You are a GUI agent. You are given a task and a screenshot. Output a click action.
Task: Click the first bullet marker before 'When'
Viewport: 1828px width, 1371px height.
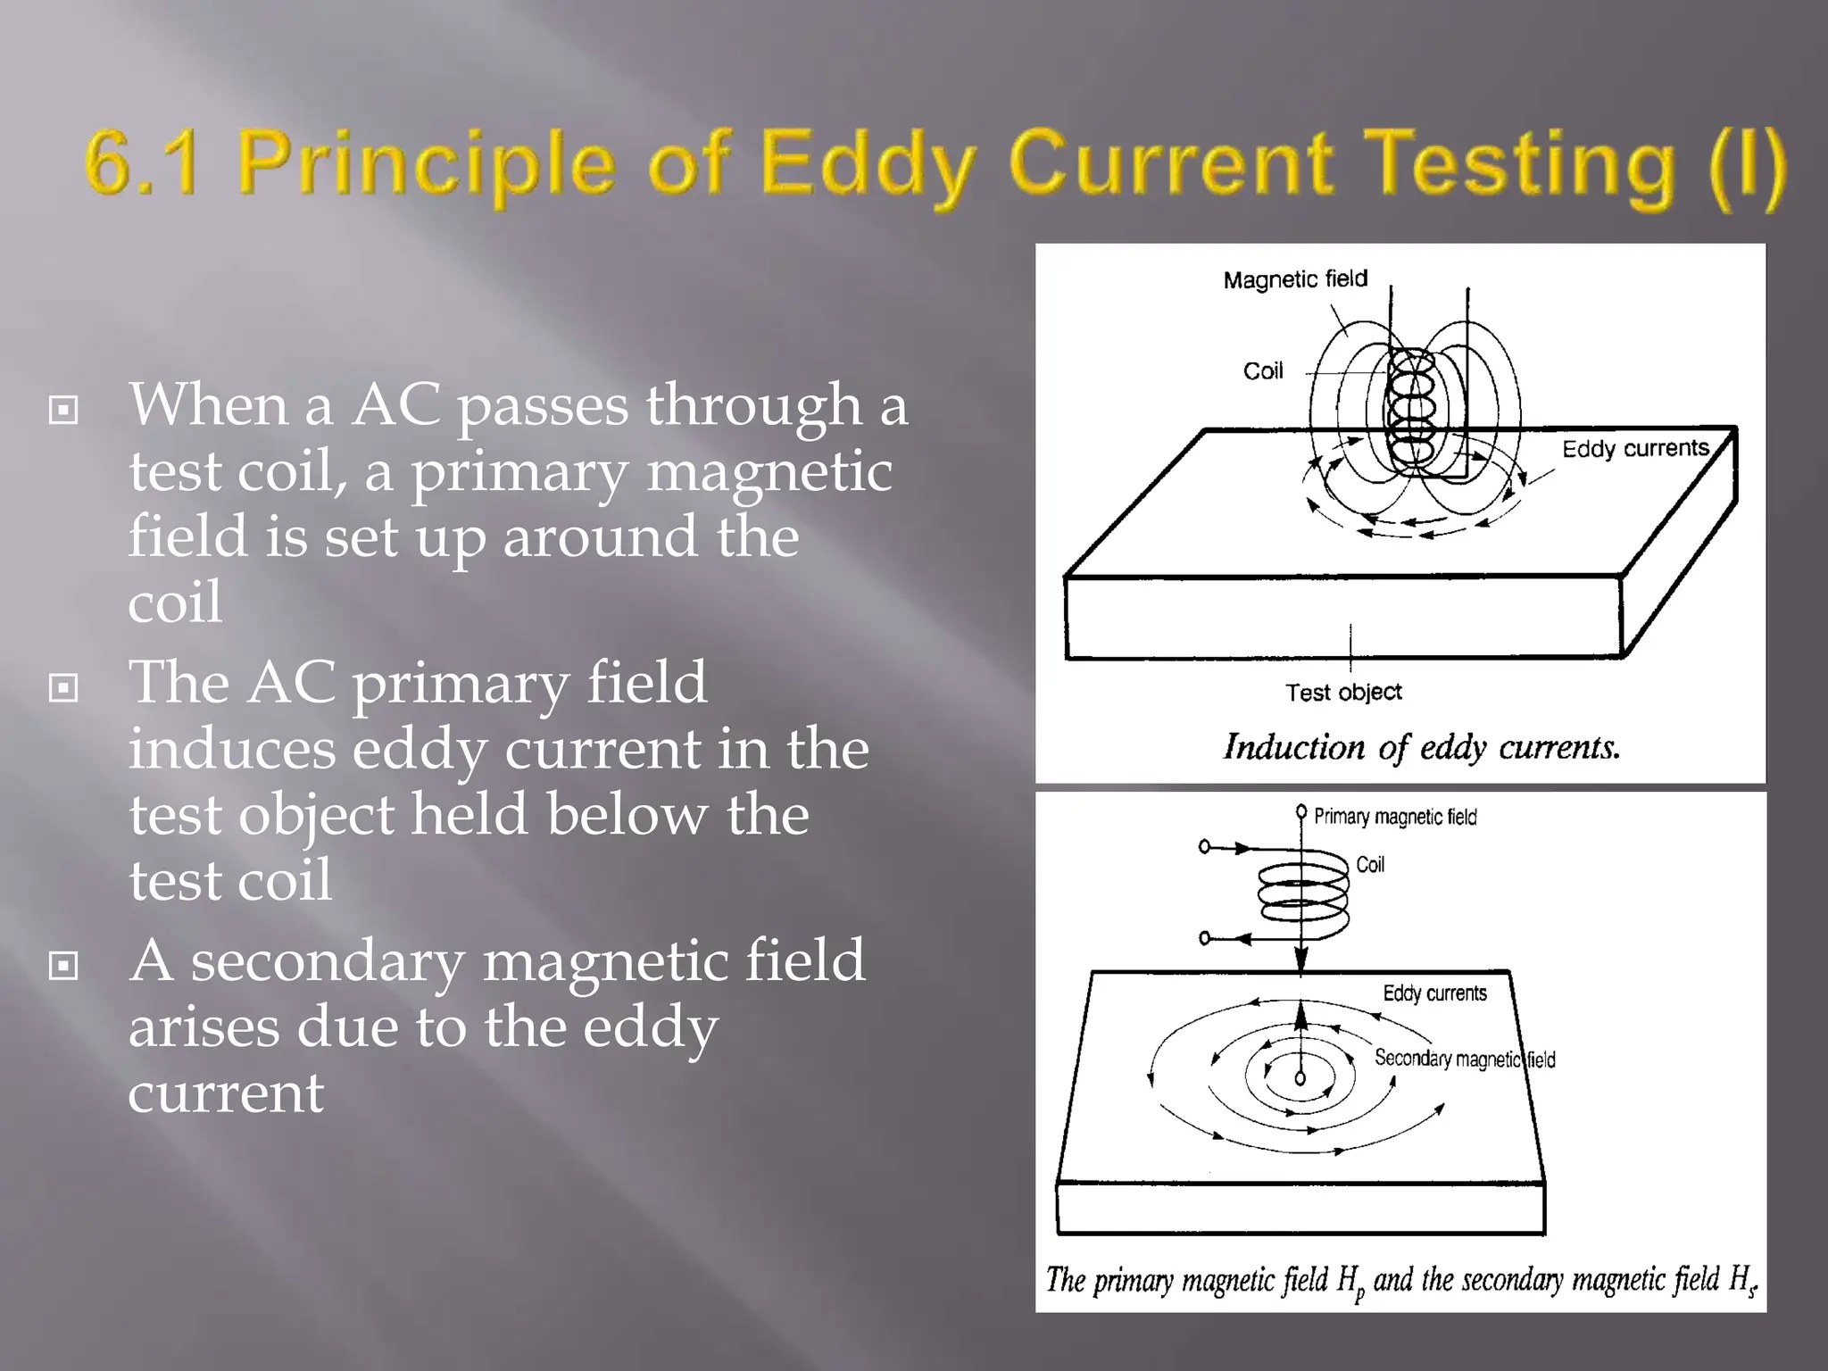63,411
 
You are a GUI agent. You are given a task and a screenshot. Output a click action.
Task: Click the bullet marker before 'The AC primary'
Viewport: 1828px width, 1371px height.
63,688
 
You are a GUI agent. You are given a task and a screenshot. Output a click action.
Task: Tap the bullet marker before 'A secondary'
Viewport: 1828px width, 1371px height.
63,966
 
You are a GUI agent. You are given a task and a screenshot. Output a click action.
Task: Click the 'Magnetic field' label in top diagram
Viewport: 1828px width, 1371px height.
1295,279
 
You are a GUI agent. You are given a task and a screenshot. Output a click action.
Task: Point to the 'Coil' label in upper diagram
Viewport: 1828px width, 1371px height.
1263,371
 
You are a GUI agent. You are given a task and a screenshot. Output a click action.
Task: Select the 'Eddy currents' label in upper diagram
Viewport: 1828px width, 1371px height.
1635,448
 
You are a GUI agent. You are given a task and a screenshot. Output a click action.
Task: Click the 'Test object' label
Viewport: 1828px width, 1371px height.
1343,692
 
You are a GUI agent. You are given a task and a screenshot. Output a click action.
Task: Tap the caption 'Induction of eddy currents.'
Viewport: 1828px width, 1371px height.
1421,747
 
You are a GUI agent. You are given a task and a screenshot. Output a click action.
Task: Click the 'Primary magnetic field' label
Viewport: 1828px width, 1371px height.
1395,817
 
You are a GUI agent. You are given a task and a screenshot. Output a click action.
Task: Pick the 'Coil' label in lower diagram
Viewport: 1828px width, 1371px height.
1370,864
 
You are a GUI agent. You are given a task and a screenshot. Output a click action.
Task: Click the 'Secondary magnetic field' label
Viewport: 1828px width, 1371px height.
1464,1059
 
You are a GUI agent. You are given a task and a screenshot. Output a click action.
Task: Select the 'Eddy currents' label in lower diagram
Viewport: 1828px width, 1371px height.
1434,993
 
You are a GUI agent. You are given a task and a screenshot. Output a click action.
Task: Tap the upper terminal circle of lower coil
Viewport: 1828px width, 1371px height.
1204,846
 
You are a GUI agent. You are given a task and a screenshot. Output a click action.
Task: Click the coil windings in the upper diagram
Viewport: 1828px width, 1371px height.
1412,406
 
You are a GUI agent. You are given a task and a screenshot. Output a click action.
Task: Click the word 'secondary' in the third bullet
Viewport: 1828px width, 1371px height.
328,961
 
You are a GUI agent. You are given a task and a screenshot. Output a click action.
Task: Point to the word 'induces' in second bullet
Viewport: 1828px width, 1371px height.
232,749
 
